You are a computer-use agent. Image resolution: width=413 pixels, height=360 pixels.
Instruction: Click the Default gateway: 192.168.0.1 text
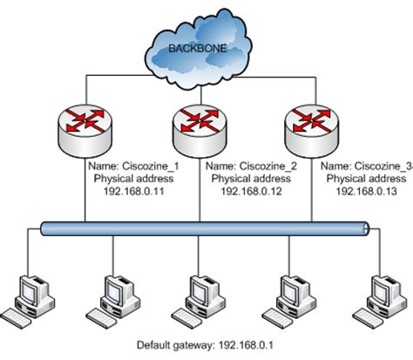click(206, 346)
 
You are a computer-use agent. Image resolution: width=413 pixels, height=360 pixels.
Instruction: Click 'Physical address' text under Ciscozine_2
click(245, 177)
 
